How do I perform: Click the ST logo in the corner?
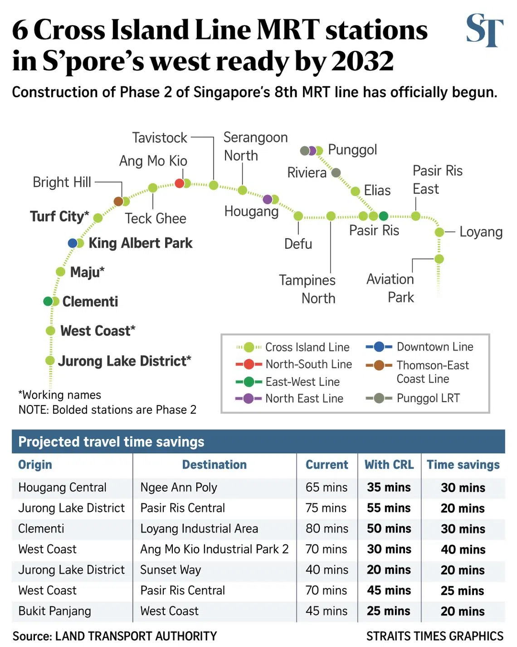484,30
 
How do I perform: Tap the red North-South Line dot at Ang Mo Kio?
179,183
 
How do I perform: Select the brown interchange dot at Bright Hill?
118,201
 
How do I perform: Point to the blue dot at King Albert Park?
73,243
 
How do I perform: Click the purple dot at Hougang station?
268,199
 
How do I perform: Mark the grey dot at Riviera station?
336,173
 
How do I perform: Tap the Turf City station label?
59,217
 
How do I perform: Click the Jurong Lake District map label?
124,361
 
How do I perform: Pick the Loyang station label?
481,232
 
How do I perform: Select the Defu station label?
298,244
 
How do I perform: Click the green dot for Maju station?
60,272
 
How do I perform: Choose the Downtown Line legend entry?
419,346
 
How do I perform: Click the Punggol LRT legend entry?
413,398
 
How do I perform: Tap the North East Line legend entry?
289,399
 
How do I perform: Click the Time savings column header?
463,465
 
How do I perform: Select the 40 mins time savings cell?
463,549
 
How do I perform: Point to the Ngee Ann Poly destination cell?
178,488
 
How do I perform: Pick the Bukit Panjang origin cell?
54,611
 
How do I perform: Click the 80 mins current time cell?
327,529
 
